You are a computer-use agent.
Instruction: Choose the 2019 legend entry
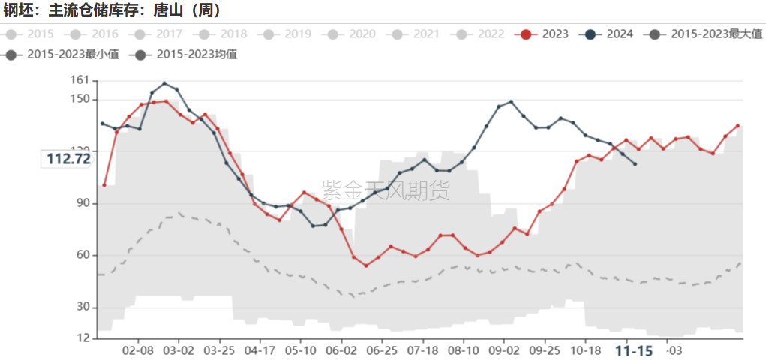point(287,34)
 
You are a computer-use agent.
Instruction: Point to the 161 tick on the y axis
point(79,79)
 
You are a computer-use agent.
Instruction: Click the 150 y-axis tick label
point(79,99)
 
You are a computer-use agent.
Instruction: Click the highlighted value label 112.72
point(68,159)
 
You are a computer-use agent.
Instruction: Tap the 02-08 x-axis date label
point(137,350)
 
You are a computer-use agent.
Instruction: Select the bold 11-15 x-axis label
point(635,350)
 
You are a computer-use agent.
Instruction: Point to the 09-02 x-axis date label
point(503,350)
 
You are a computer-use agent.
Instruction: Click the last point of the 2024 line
point(635,163)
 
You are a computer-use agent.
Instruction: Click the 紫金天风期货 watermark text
point(386,190)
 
